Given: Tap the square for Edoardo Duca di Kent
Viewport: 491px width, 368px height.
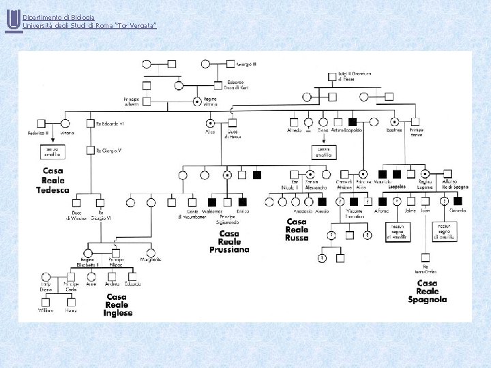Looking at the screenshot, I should pos(218,86).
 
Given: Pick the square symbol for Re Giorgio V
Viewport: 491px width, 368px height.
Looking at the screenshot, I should pos(90,150).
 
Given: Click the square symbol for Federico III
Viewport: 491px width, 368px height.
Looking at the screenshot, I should pos(42,123).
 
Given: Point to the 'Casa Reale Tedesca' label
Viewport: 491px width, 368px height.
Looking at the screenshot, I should pos(53,180).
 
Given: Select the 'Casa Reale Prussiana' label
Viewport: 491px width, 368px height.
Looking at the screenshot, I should pos(229,241).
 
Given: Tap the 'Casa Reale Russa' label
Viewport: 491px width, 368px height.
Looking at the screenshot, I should pos(297,230).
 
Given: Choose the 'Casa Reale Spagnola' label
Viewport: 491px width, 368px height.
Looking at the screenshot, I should pos(427,291).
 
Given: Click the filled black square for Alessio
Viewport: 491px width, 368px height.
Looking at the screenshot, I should pos(322,201).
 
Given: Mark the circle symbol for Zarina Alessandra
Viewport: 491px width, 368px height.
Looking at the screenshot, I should pos(310,174).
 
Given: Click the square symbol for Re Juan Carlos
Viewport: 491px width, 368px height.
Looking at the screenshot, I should pos(424,257).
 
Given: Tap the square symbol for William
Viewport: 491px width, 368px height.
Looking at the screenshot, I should pos(46,301).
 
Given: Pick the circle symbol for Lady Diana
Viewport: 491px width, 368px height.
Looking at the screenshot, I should pos(46,277).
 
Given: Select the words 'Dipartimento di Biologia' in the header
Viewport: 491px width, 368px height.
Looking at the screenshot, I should pos(59,17).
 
